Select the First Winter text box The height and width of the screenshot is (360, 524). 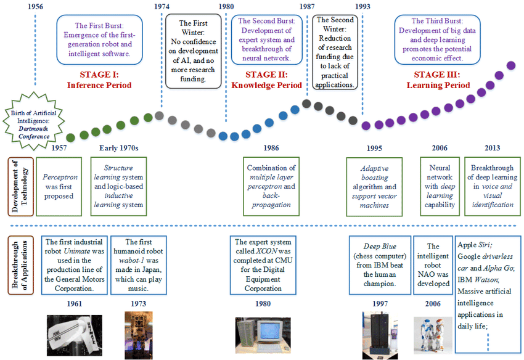pyautogui.click(x=194, y=51)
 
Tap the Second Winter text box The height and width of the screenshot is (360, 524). pyautogui.click(x=335, y=52)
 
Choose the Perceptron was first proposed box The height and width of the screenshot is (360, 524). pyautogui.click(x=59, y=186)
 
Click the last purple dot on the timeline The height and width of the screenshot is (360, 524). pyautogui.click(x=510, y=65)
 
